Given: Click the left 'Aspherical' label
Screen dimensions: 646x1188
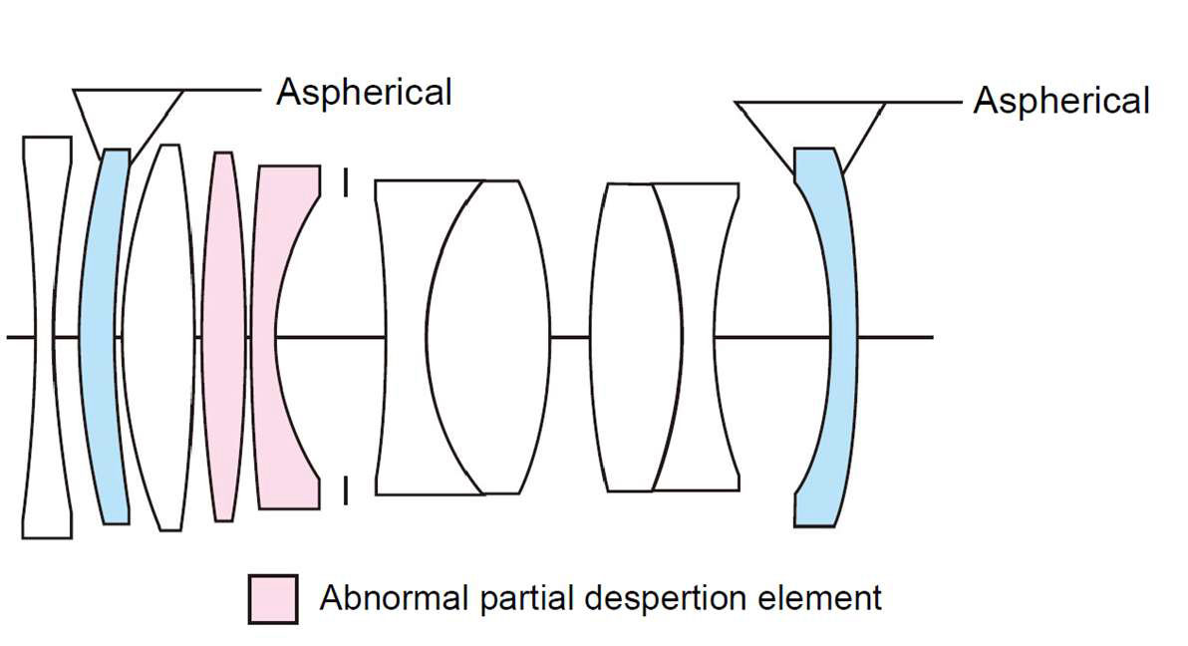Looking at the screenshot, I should tap(364, 92).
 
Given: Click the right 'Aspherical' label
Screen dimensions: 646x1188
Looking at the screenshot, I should tap(1061, 101).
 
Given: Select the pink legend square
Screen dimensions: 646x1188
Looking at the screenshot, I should tap(272, 598).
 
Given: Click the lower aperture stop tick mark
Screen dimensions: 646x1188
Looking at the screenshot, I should tap(345, 489).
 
